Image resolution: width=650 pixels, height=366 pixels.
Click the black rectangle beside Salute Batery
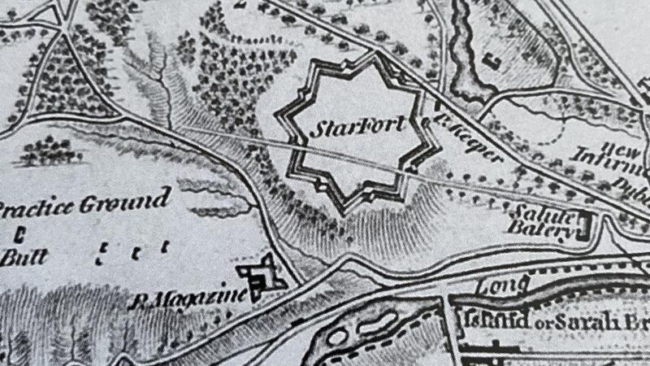tap(583, 224)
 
